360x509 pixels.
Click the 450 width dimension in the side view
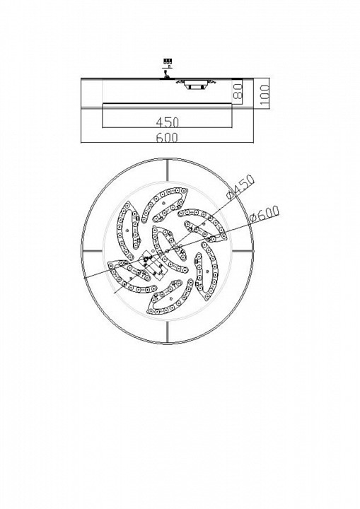click(x=168, y=122)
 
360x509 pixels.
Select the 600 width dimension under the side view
click(x=168, y=138)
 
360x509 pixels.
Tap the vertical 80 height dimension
click(x=238, y=91)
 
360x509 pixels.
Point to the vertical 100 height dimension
click(x=265, y=95)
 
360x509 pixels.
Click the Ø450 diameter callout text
click(x=241, y=187)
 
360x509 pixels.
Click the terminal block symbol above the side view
click(x=168, y=61)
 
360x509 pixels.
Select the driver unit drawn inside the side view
click(x=195, y=84)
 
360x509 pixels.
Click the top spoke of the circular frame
click(x=168, y=170)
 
